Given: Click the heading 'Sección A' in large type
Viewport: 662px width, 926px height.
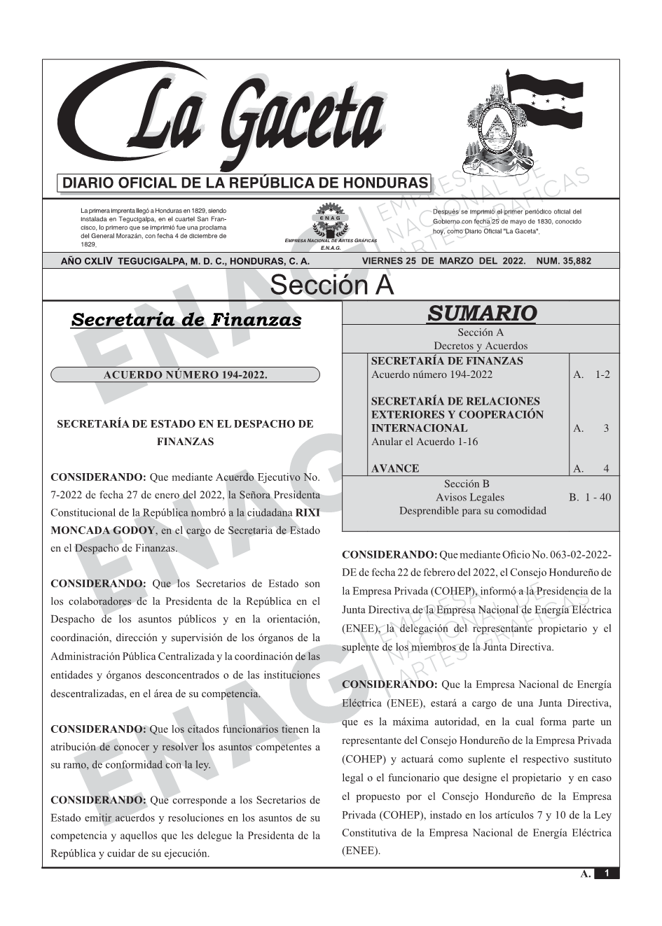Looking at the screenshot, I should pyautogui.click(x=331, y=285).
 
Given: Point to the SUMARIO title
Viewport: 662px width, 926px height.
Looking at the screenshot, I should pyautogui.click(x=481, y=313).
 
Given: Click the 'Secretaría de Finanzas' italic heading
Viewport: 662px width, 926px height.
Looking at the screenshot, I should pyautogui.click(x=186, y=320).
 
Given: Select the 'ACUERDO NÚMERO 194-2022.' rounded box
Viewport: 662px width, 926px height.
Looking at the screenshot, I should pyautogui.click(x=185, y=374).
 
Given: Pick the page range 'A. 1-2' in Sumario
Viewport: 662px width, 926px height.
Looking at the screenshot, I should pyautogui.click(x=592, y=374).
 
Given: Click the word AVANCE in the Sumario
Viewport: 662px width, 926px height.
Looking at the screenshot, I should pyautogui.click(x=394, y=468).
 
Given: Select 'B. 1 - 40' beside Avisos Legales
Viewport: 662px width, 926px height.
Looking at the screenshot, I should pyautogui.click(x=590, y=498).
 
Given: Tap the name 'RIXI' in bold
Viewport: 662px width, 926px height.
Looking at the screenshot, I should pyautogui.click(x=308, y=512).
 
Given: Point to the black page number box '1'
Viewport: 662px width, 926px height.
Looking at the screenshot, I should pyautogui.click(x=607, y=873).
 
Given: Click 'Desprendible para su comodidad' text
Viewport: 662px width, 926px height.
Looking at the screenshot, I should pyautogui.click(x=472, y=511).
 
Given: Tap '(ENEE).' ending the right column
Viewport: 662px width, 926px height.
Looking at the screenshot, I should pyautogui.click(x=361, y=852).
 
